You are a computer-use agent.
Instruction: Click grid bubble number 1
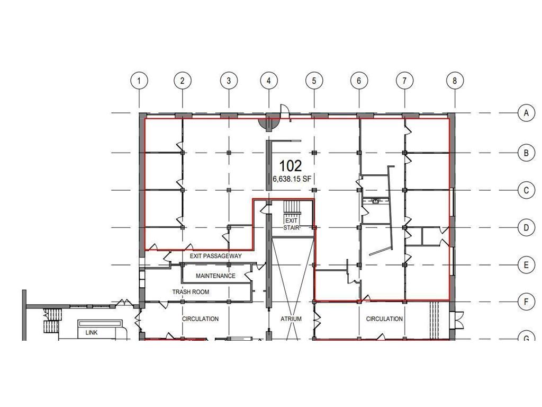[139, 81]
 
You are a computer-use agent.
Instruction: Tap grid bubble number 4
[269, 81]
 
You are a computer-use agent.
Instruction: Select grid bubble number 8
[455, 81]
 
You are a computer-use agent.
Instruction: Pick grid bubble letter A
[526, 113]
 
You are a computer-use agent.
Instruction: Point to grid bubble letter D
[526, 228]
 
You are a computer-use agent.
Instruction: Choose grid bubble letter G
[526, 339]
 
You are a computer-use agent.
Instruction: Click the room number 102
[291, 165]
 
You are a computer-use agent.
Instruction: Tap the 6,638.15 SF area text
[291, 180]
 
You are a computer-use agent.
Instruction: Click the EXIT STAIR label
[291, 224]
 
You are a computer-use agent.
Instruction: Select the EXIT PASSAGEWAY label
[215, 256]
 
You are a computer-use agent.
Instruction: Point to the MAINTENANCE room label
[215, 276]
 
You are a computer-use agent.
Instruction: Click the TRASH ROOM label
[191, 292]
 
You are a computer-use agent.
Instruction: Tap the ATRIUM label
[291, 319]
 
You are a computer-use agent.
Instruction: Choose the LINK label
[91, 333]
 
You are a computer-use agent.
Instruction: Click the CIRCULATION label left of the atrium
[200, 319]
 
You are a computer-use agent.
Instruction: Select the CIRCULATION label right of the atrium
[384, 319]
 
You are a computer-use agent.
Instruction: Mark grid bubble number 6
[359, 81]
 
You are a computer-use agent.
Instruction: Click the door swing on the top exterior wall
[284, 110]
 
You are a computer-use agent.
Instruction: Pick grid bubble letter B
[526, 153]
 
